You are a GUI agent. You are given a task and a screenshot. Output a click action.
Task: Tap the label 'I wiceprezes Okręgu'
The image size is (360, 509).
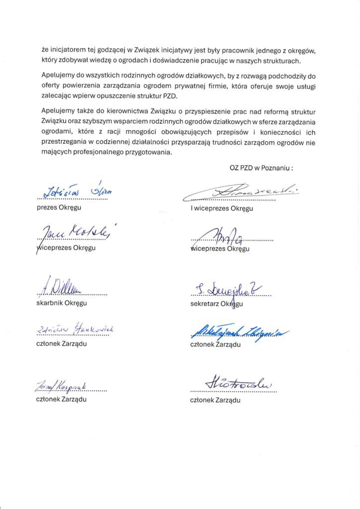tap(222, 208)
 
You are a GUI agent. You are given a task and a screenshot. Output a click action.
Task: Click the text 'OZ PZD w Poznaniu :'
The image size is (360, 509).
tap(261, 168)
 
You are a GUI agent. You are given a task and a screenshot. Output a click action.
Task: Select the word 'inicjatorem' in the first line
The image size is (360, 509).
tap(69, 51)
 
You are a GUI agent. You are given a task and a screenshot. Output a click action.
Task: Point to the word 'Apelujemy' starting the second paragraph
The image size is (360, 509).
tap(57, 76)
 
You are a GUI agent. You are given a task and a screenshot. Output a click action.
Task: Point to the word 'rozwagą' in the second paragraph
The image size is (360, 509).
tap(233, 76)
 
